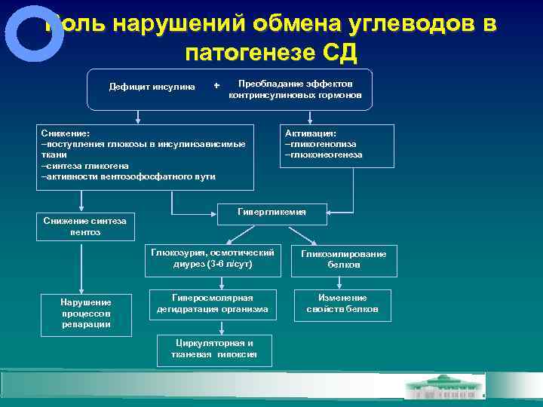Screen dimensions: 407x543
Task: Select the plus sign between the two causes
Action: (216, 86)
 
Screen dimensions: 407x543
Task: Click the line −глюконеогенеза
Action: (324, 155)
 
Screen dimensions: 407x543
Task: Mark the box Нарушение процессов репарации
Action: (85, 313)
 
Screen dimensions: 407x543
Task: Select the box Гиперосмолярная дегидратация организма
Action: (213, 303)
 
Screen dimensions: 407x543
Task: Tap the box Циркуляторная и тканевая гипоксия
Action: (213, 348)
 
